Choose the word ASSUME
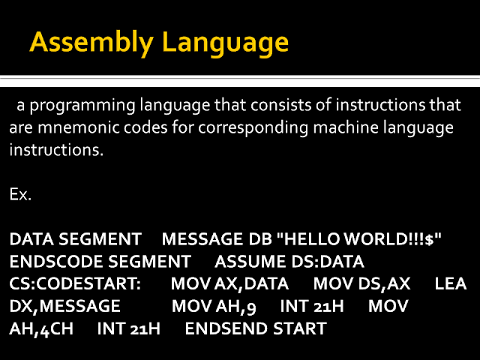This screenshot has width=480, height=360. pos(247,262)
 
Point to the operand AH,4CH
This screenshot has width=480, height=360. pos(41,328)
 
